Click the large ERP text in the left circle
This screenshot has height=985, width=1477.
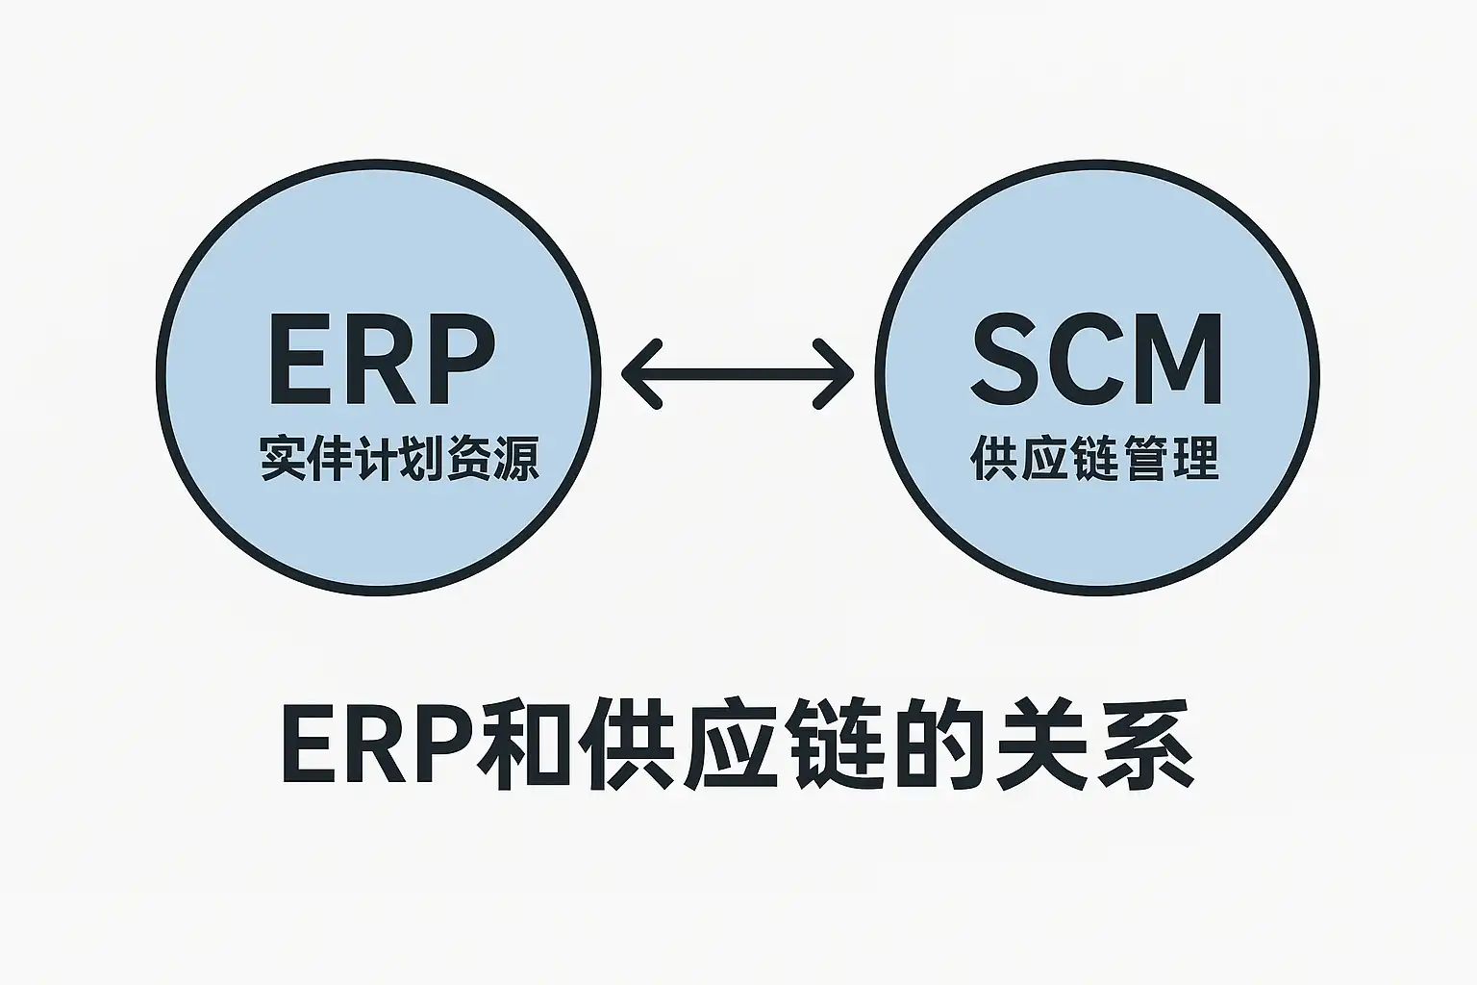click(381, 360)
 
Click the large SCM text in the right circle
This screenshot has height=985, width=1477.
click(1096, 360)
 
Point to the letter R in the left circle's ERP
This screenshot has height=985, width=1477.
click(378, 360)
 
